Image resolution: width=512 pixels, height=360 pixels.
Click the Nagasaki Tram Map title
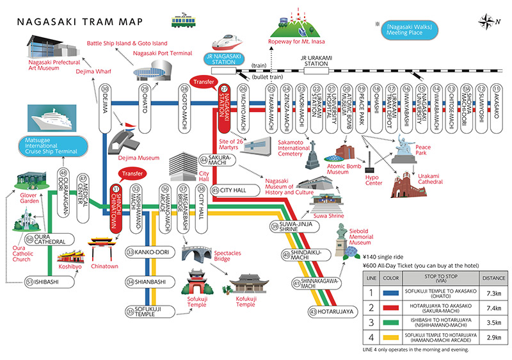point(81,20)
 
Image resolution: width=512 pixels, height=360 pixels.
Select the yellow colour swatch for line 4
point(391,336)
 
